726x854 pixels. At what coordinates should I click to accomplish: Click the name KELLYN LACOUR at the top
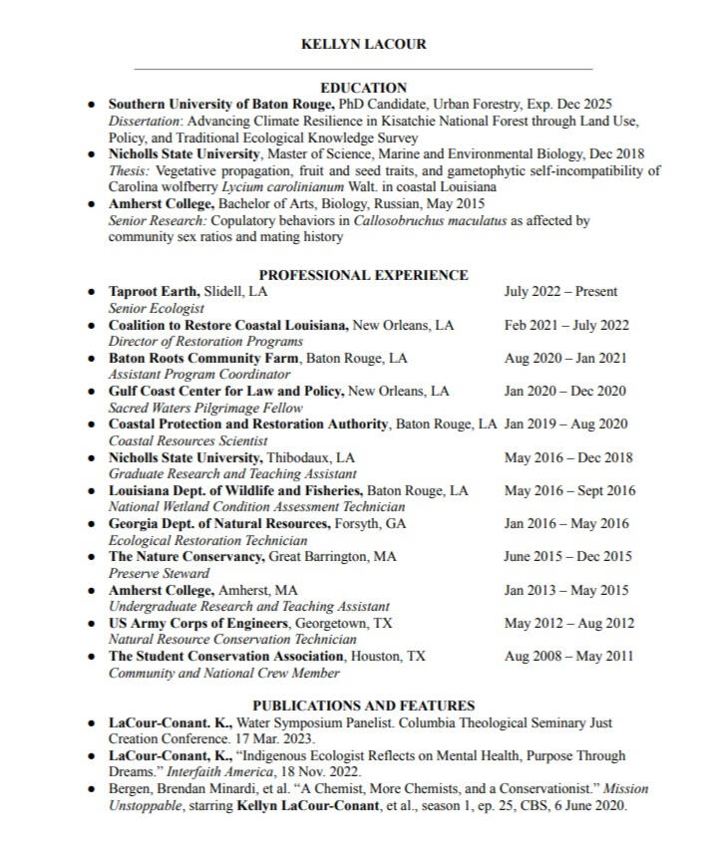click(x=363, y=45)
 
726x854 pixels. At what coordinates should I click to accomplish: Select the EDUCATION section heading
click(x=363, y=88)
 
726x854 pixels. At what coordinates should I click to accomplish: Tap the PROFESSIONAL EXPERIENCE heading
click(x=363, y=275)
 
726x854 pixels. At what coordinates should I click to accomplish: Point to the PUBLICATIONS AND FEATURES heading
click(x=363, y=706)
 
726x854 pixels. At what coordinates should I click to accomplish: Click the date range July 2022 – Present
click(x=560, y=292)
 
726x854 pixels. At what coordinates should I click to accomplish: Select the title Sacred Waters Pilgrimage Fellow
click(x=192, y=408)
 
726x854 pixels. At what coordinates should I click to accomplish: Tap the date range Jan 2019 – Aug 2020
click(x=565, y=425)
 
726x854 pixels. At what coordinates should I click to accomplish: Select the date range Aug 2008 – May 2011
click(x=568, y=657)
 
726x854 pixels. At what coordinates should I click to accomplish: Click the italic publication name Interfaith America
click(x=256, y=772)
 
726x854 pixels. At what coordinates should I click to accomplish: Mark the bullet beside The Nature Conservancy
click(x=91, y=557)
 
